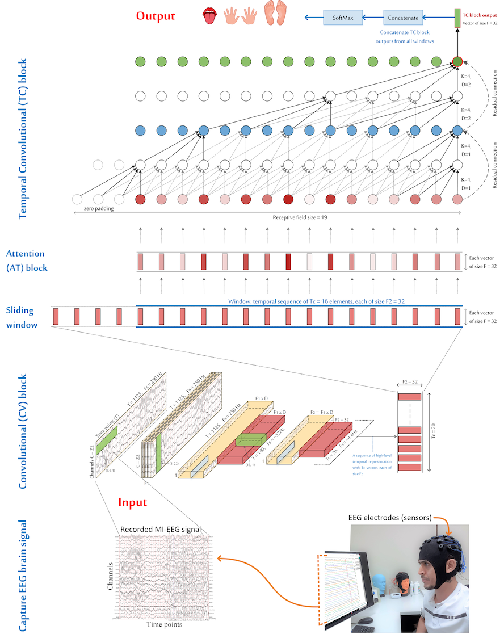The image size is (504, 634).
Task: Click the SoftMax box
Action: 343,18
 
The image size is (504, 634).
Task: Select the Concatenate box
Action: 403,18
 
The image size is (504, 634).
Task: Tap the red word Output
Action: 155,16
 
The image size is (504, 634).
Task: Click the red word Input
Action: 132,502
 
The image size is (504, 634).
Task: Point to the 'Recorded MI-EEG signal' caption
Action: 161,530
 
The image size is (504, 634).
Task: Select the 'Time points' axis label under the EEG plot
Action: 165,624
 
